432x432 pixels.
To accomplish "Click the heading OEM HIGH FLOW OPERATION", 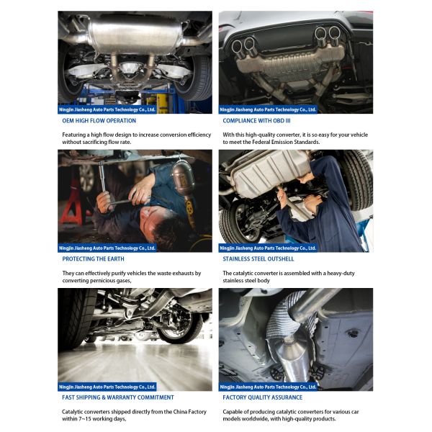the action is (x=99, y=121).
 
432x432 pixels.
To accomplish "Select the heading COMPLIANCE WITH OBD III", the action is (x=256, y=121).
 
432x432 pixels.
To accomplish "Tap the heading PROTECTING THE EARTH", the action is (x=93, y=259).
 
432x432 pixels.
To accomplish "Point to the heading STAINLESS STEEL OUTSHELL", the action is (x=258, y=259).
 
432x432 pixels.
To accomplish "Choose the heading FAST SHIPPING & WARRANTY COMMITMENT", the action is (x=118, y=397).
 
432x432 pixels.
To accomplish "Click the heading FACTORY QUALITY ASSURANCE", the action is (x=262, y=397).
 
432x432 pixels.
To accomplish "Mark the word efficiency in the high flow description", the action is (x=199, y=135).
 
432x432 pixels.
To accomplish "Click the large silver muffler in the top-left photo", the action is (x=135, y=35).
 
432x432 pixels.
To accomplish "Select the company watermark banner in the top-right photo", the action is (x=268, y=109).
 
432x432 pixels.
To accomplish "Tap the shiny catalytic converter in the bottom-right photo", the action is (x=292, y=358).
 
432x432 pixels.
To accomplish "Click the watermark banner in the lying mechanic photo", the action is (x=107, y=248).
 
